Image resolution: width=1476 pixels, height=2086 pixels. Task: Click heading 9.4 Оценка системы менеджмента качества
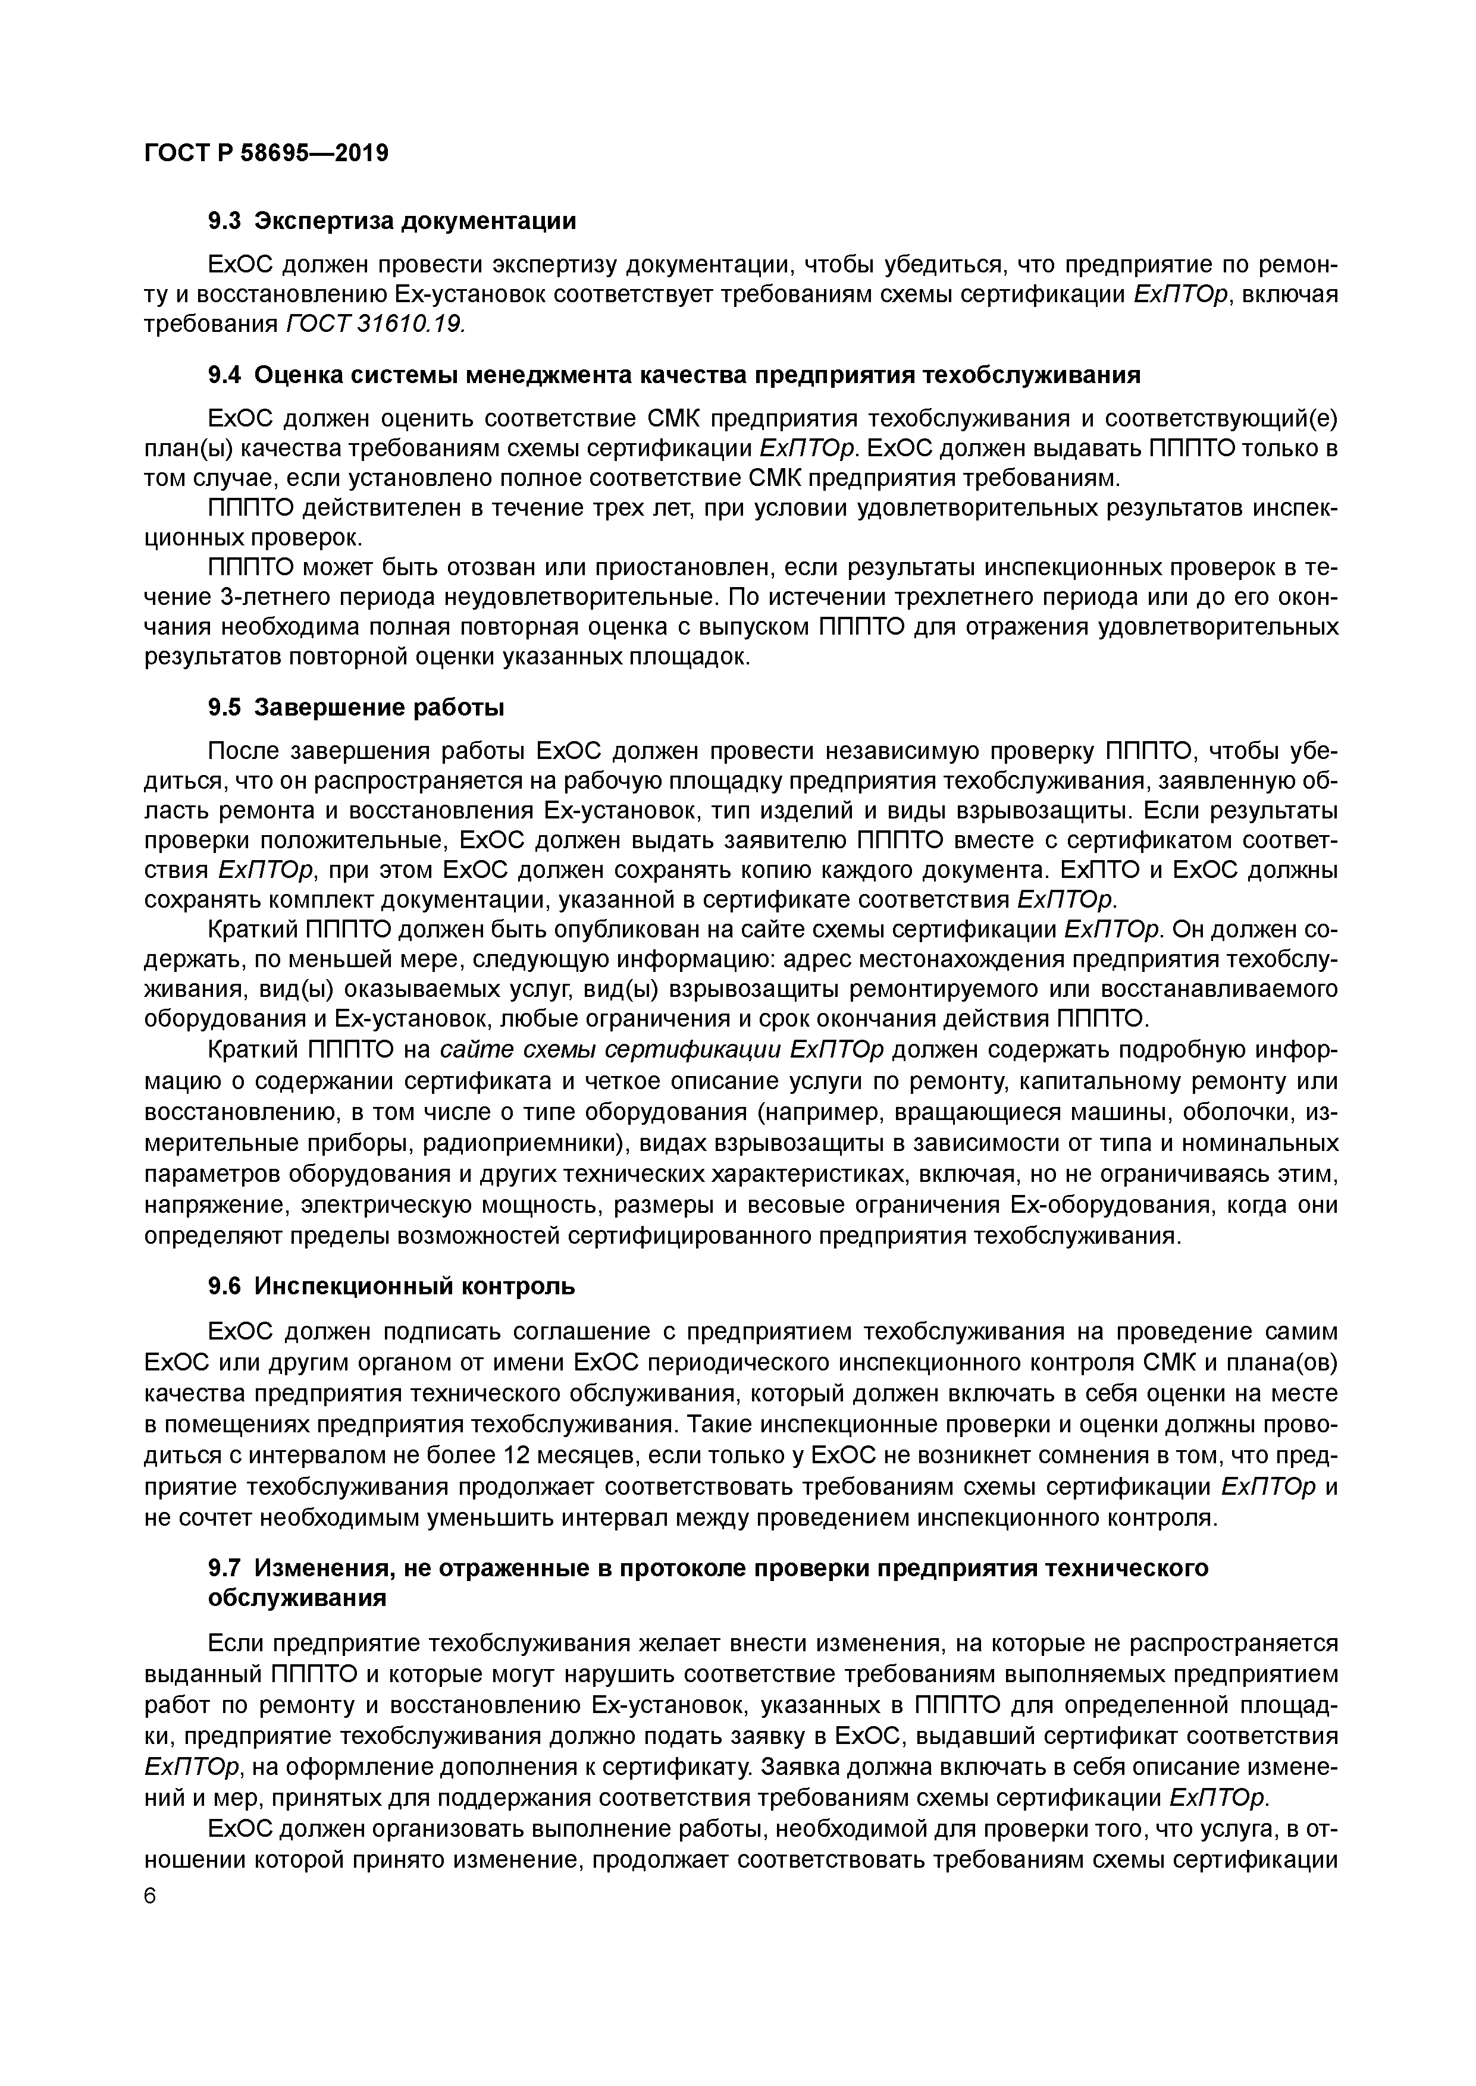673,375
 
